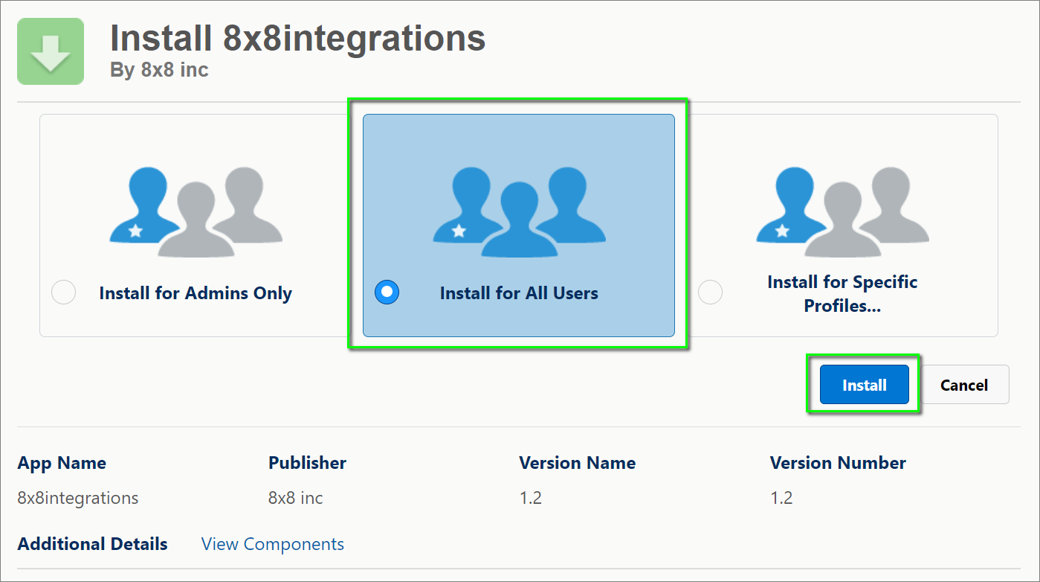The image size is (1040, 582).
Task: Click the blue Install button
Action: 864,385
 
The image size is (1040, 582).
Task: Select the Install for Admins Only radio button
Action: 64,292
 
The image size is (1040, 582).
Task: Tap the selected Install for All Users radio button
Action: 387,292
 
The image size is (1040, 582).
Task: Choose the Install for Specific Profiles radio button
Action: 711,292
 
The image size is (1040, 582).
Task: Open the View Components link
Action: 273,544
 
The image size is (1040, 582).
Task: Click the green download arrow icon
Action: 51,51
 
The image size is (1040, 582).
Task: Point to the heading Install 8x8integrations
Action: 297,38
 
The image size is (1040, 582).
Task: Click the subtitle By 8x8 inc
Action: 159,70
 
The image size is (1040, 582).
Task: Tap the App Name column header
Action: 62,463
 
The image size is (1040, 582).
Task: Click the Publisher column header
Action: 307,463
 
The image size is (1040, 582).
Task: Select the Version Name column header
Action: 577,463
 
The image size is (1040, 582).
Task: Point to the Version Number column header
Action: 838,463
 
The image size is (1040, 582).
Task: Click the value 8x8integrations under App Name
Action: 78,498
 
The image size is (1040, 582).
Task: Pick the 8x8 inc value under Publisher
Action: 295,498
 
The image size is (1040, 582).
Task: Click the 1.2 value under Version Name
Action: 530,498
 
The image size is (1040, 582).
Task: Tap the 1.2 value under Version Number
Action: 781,498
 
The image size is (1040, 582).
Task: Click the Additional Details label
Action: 92,544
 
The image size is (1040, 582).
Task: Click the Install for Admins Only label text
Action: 196,293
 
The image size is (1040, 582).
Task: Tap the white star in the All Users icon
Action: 459,230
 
